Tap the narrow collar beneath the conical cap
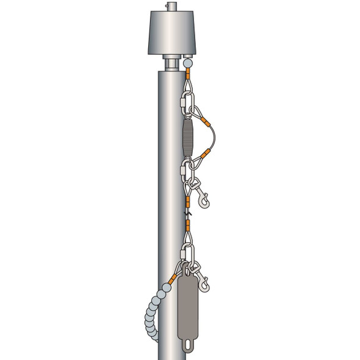173,63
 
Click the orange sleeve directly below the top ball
189,74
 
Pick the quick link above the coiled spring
187,98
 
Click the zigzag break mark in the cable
189,213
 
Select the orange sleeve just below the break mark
189,226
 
